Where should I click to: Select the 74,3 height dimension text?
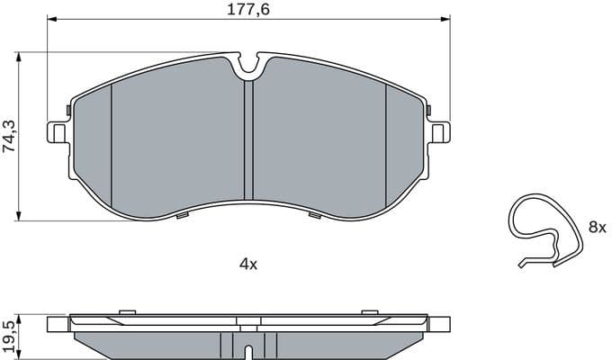point(9,135)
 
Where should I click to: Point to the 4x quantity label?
point(247,264)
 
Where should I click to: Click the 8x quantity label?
point(597,228)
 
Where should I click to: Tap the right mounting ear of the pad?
point(439,131)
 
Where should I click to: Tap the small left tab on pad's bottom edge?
point(183,215)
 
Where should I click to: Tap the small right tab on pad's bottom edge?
point(314,215)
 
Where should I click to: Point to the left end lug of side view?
point(57,324)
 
